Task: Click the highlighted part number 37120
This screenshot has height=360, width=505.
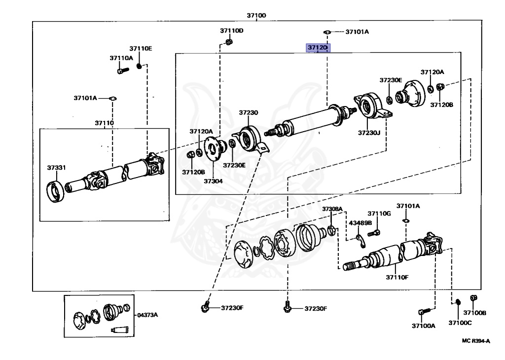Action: (317, 47)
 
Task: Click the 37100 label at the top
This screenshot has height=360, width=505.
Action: (256, 16)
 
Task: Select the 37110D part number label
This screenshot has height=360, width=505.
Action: (232, 31)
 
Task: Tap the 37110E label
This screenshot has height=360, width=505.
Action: (141, 48)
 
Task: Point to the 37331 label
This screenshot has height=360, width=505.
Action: (56, 168)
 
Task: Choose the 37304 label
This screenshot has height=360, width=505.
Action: (214, 181)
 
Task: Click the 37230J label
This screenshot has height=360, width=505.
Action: (370, 133)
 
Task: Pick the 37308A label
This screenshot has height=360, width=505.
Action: (332, 210)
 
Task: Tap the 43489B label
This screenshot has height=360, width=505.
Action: (361, 223)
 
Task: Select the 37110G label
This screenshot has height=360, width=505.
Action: (379, 214)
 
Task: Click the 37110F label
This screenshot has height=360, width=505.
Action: (397, 278)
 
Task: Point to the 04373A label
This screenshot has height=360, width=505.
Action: (147, 315)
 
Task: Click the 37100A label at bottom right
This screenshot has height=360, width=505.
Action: (424, 326)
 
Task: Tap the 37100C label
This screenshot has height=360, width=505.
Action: (460, 323)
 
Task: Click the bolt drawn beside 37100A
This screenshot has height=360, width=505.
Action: (424, 312)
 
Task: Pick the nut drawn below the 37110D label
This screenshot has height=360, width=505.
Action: (229, 42)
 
